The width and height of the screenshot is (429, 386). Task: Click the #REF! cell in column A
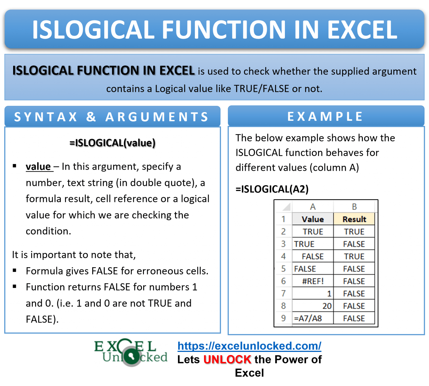(313, 281)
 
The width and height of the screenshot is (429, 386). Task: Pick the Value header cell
(313, 219)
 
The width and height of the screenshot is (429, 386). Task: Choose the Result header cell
(354, 219)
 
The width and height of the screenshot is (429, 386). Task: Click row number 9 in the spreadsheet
(283, 318)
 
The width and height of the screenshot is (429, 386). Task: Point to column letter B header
(354, 207)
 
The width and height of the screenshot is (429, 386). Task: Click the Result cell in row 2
(354, 232)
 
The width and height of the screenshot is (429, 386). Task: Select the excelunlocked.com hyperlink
(249, 346)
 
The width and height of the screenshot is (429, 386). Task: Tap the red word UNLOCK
(228, 360)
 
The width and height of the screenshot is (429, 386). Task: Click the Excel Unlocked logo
(131, 352)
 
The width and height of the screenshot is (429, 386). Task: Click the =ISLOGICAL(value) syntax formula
(112, 143)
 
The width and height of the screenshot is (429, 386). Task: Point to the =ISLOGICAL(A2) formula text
(272, 189)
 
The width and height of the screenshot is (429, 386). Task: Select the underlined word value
(38, 167)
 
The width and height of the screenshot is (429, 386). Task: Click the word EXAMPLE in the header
(325, 117)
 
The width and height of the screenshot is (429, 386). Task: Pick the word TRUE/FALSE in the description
(261, 89)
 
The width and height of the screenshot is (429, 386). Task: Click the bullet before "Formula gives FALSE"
(15, 270)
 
